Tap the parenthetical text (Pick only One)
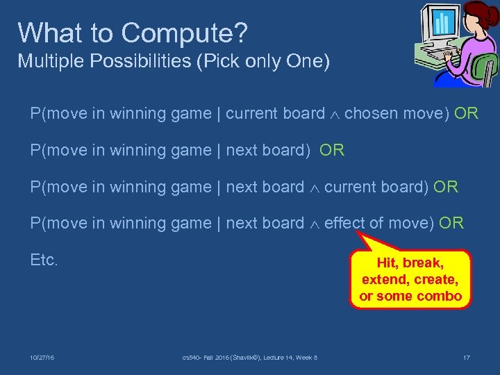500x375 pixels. point(264,61)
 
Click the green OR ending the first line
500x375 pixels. point(466,113)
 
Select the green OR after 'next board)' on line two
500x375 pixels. point(332,150)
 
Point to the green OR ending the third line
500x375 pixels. point(446,187)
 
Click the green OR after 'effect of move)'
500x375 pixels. point(451,223)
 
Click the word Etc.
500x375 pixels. point(44,260)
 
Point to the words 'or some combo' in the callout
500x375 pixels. point(410,296)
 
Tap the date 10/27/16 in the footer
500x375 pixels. point(42,358)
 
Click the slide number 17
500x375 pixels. point(466,358)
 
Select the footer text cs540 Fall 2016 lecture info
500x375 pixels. point(249,358)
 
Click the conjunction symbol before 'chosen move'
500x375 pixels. point(335,114)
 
